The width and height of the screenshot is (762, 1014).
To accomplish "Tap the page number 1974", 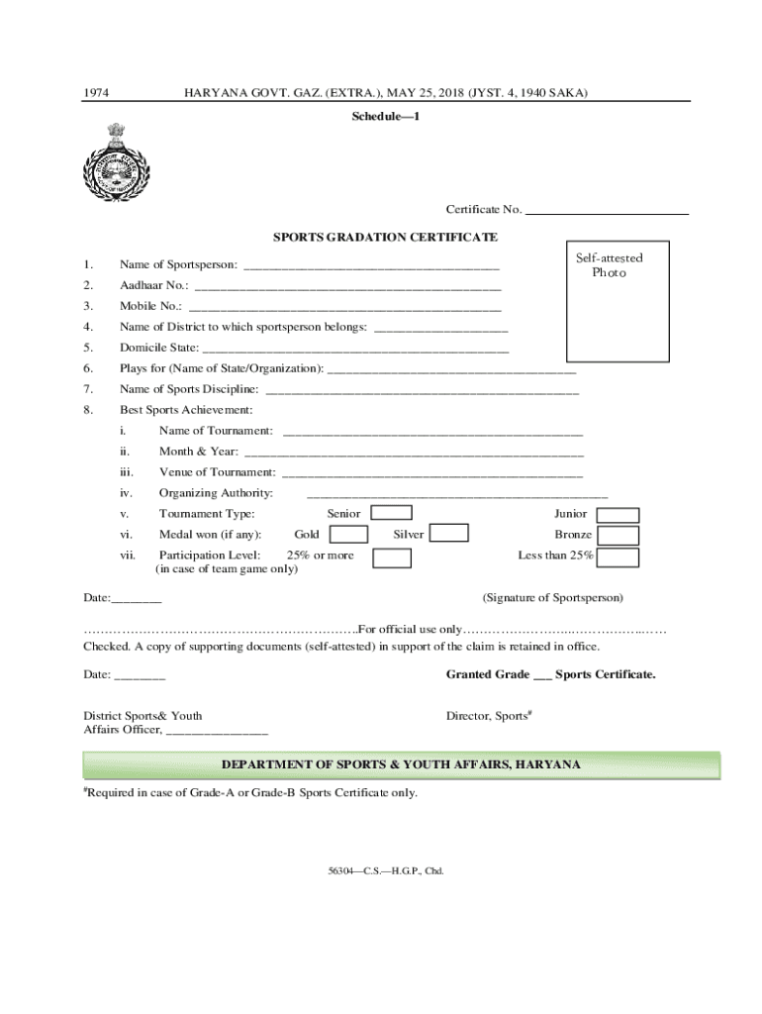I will click(95, 93).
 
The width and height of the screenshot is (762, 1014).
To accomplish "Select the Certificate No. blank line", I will click(607, 210).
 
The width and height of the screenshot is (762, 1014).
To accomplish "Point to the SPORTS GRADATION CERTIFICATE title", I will click(386, 238).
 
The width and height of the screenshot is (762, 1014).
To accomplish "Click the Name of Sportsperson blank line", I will click(371, 265).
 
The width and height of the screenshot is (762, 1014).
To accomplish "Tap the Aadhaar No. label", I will click(153, 285).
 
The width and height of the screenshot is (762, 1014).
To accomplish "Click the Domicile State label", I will click(159, 348).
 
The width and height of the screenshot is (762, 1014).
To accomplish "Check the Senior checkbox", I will click(392, 513).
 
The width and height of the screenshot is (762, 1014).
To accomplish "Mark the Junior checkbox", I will click(620, 515).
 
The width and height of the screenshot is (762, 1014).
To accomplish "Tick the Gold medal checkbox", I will click(348, 535).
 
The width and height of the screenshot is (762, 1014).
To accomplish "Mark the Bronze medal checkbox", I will click(619, 536).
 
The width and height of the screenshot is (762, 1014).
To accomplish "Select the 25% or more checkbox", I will click(392, 558).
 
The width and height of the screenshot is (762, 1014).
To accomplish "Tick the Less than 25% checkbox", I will click(619, 558).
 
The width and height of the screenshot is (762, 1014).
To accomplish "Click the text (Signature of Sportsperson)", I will click(552, 598).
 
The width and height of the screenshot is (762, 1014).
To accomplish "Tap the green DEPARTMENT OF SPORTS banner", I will click(401, 765).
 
